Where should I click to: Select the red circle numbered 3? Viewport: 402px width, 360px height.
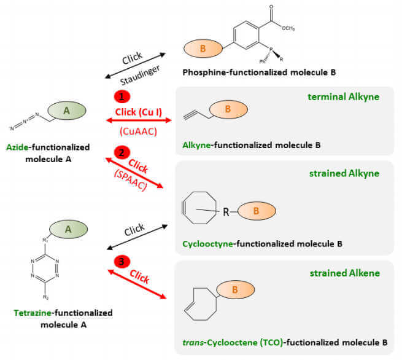point(122,262)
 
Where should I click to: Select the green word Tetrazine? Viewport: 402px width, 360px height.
point(32,313)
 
